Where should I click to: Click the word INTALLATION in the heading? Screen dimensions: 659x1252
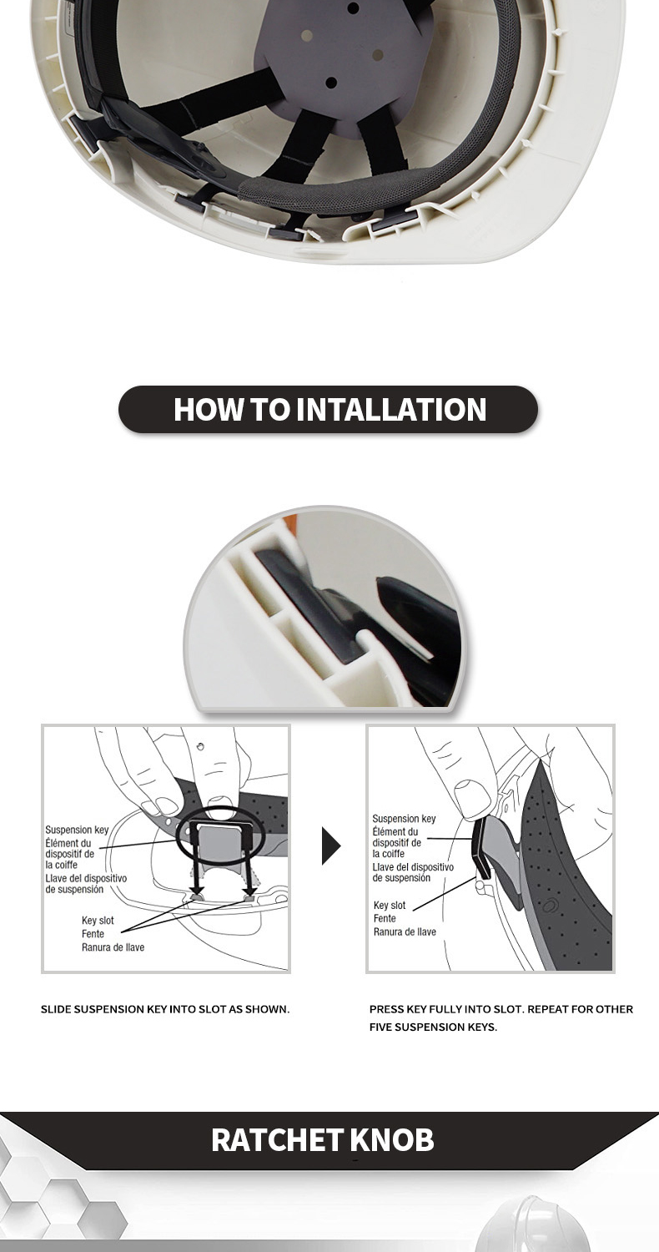(x=391, y=409)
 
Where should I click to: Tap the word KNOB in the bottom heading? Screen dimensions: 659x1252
(x=393, y=1140)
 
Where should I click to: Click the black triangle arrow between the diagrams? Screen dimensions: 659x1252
(x=330, y=846)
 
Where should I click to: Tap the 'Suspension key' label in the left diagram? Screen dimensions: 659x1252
(x=77, y=830)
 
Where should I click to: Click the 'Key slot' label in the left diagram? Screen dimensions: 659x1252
(x=98, y=920)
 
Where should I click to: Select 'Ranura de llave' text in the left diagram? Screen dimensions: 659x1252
(x=113, y=947)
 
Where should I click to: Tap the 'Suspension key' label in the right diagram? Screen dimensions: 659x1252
(x=404, y=818)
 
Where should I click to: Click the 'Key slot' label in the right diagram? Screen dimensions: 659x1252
(x=390, y=905)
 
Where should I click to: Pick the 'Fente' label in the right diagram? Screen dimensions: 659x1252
(x=385, y=918)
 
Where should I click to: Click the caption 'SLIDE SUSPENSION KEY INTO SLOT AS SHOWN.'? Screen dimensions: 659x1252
(x=165, y=1009)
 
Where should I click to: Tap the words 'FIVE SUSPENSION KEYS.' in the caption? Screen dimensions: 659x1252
(x=433, y=1027)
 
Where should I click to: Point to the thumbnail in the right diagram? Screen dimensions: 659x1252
(x=467, y=793)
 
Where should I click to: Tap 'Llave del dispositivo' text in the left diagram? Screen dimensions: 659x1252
(x=86, y=878)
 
